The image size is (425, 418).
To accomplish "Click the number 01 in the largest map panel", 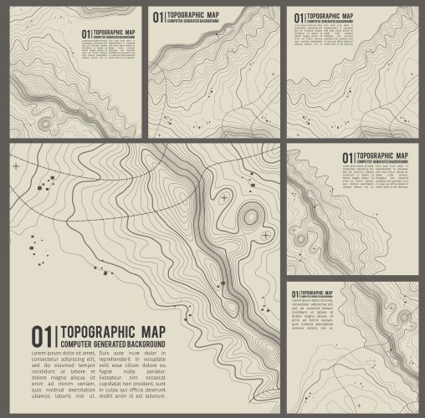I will click(x=42, y=335).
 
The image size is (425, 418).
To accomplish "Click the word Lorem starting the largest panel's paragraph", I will click(x=41, y=354).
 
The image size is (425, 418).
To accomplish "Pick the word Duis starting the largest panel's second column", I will click(x=106, y=354).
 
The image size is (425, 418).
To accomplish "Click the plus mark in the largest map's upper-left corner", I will click(x=15, y=166).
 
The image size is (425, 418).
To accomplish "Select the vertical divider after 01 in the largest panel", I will click(x=56, y=335).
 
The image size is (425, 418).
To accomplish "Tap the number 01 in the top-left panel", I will click(x=85, y=34).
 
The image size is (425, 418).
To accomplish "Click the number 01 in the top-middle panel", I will click(x=157, y=16).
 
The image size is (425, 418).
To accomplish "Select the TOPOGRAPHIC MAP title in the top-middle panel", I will click(x=192, y=13).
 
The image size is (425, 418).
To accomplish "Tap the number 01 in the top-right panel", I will click(x=296, y=16).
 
